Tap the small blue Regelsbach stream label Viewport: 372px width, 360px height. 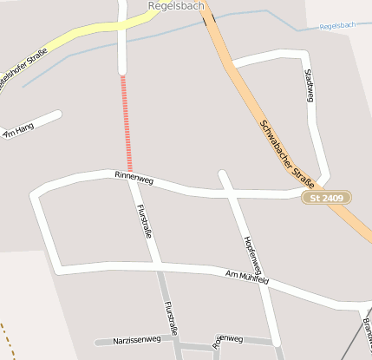click(337, 26)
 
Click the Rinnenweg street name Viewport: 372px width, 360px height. click(134, 178)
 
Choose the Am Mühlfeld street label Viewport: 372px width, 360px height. click(247, 278)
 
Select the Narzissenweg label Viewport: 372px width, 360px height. click(137, 341)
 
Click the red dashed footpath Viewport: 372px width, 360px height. click(127, 121)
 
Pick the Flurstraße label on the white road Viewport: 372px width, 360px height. click(146, 220)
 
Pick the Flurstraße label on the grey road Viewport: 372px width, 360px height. click(171, 318)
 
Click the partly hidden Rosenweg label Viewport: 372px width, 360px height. click(228, 339)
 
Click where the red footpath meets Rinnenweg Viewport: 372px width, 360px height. click(130, 172)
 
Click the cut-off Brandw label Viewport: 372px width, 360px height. click(367, 329)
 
